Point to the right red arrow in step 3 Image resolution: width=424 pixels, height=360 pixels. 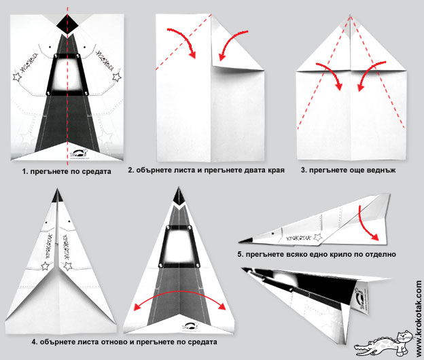364,75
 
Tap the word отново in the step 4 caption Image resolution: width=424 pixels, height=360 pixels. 116,341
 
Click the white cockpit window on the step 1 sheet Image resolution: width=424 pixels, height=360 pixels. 68,74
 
